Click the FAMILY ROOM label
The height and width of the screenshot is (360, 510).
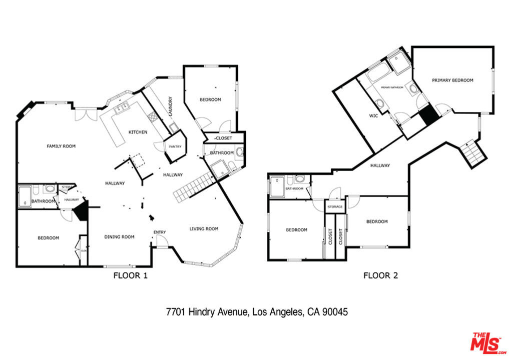[x=61, y=146]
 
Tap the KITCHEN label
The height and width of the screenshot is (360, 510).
[x=138, y=132]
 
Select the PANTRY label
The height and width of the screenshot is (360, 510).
[x=175, y=146]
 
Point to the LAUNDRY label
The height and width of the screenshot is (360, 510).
[x=171, y=106]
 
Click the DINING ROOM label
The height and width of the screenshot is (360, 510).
[x=119, y=237]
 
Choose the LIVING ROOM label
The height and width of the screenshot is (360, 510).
[x=204, y=229]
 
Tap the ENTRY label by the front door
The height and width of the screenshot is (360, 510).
[x=160, y=232]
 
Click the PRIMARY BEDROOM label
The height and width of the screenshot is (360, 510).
[x=452, y=80]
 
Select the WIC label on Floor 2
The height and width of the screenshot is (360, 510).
[x=373, y=115]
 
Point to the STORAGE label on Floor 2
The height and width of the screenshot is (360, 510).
[x=335, y=206]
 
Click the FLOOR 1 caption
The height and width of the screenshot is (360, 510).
[x=130, y=275]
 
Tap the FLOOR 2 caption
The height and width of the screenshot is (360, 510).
[x=380, y=275]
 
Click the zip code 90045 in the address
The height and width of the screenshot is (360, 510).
[x=335, y=312]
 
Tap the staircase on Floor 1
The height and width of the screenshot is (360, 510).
[x=193, y=185]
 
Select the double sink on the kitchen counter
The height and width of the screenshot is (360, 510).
[x=121, y=108]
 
